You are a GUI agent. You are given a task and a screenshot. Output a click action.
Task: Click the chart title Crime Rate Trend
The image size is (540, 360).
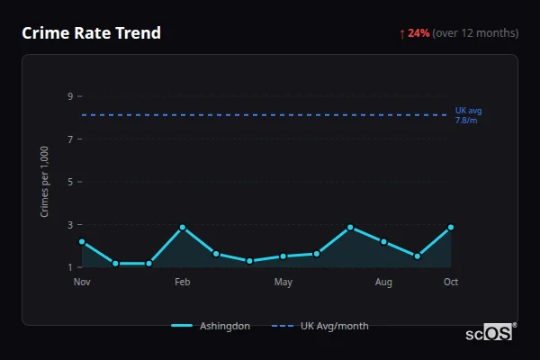click(x=91, y=33)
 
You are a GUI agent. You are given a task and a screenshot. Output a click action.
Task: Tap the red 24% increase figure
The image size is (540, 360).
click(x=418, y=33)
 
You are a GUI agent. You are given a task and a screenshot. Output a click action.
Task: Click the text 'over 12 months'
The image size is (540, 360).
click(x=475, y=33)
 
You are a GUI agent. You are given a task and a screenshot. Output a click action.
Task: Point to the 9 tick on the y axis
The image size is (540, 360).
click(x=69, y=96)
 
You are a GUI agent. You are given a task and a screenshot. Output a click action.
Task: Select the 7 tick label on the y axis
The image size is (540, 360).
click(x=69, y=139)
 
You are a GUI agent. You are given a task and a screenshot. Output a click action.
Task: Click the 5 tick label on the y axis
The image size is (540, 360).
click(x=69, y=182)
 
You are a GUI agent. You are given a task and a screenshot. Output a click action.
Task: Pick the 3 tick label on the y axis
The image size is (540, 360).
click(x=69, y=225)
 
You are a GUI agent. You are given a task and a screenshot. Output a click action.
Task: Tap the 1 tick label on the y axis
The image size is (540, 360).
click(x=69, y=267)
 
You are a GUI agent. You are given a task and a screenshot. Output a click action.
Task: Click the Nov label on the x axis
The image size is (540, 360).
click(x=82, y=283)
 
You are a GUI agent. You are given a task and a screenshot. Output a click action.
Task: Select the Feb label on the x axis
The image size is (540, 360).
click(x=183, y=283)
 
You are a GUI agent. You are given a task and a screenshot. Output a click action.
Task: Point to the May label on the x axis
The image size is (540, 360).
click(x=283, y=283)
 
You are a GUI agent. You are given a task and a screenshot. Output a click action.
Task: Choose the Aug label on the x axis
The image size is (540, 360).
click(x=383, y=283)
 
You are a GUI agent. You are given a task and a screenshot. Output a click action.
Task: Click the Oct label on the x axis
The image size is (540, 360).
click(x=451, y=283)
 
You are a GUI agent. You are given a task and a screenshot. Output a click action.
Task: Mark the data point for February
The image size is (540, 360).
click(x=183, y=228)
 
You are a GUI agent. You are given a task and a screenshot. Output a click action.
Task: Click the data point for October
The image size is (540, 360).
click(x=451, y=228)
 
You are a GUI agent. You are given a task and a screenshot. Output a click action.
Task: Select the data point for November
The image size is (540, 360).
click(x=82, y=242)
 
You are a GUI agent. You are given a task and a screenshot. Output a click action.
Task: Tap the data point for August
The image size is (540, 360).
click(x=383, y=242)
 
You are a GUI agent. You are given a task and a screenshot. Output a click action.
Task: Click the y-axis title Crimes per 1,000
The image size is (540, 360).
click(x=45, y=182)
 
